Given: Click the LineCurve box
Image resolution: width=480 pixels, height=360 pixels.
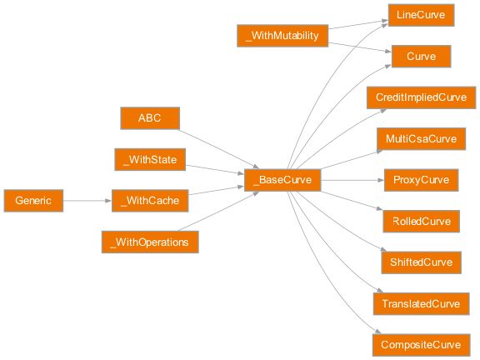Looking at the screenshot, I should tap(421, 15).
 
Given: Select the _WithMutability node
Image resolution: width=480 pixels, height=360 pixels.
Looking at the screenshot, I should tap(282, 36).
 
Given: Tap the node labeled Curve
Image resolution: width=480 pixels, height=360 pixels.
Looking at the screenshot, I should tap(421, 56).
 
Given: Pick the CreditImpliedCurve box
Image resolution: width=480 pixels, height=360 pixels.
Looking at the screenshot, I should tap(421, 97).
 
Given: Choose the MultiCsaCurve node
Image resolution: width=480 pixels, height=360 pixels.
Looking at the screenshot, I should tap(421, 138).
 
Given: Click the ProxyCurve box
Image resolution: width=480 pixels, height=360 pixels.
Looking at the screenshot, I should tap(421, 180).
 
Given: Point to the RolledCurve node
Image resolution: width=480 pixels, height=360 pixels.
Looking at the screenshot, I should tap(421, 222).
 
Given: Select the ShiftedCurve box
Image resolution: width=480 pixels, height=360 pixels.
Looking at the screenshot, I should tap(421, 262).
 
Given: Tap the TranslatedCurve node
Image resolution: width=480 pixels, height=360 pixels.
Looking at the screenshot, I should tap(421, 304).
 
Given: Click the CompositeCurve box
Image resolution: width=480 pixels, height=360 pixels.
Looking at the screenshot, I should tap(421, 345).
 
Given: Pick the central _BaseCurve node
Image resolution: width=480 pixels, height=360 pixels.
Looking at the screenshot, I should tap(282, 180).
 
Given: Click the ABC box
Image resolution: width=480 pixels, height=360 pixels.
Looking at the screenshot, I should tap(150, 118).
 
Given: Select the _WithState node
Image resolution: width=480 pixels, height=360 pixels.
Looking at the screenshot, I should tap(150, 159).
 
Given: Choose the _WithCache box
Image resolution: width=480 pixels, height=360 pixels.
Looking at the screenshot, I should tap(150, 201).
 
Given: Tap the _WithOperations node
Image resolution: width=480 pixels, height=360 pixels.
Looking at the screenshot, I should tap(150, 242).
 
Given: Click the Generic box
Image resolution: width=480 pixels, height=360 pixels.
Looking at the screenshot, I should tap(33, 201).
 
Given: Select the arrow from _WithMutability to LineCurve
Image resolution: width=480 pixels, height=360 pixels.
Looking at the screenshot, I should tap(358, 26).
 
